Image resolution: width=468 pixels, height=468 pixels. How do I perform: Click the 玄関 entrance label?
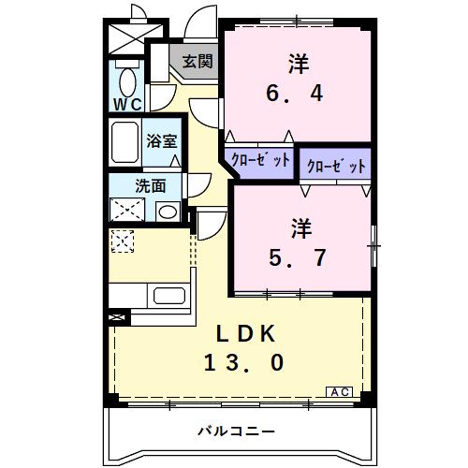(x=197, y=63)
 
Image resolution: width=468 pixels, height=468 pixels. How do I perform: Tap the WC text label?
(x=128, y=104)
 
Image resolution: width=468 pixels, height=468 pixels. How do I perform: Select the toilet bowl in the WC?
(x=126, y=77)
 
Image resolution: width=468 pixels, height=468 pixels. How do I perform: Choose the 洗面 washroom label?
(x=149, y=184)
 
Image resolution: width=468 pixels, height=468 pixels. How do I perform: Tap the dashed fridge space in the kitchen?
(x=123, y=241)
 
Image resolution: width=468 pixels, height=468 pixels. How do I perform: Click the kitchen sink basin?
(x=170, y=298)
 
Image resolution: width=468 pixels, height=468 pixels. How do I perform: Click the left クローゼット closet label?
(x=257, y=159)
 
